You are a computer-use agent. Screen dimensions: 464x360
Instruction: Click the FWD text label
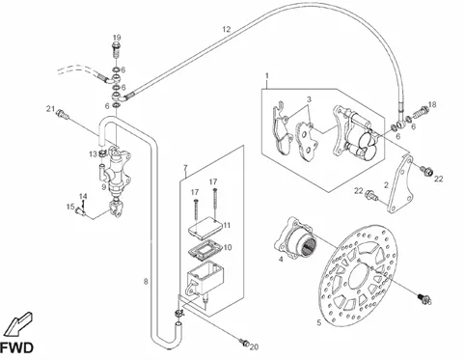click(16, 348)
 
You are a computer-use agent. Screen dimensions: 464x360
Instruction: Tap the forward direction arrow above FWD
click(19, 324)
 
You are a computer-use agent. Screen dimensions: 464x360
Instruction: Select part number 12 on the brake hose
click(227, 29)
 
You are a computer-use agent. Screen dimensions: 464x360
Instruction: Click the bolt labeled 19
click(117, 50)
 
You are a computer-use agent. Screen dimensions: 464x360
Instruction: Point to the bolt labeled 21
click(63, 114)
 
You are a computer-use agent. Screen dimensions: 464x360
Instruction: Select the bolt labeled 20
click(244, 343)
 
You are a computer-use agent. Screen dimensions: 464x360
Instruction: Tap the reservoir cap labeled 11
click(205, 226)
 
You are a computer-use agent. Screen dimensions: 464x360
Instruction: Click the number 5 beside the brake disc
click(318, 322)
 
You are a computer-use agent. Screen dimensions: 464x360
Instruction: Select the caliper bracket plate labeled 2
click(399, 184)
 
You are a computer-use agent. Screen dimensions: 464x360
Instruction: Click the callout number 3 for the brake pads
click(309, 99)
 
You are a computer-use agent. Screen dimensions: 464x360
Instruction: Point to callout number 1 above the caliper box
click(267, 76)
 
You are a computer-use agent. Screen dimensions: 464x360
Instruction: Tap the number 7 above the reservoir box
click(185, 168)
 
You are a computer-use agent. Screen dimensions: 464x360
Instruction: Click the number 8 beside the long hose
click(146, 282)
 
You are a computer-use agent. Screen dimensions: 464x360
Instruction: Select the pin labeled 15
click(80, 211)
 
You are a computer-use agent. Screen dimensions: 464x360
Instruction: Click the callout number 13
click(93, 154)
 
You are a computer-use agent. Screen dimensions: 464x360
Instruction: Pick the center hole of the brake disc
click(360, 277)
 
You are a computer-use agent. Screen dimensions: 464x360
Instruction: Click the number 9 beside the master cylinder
click(103, 187)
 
